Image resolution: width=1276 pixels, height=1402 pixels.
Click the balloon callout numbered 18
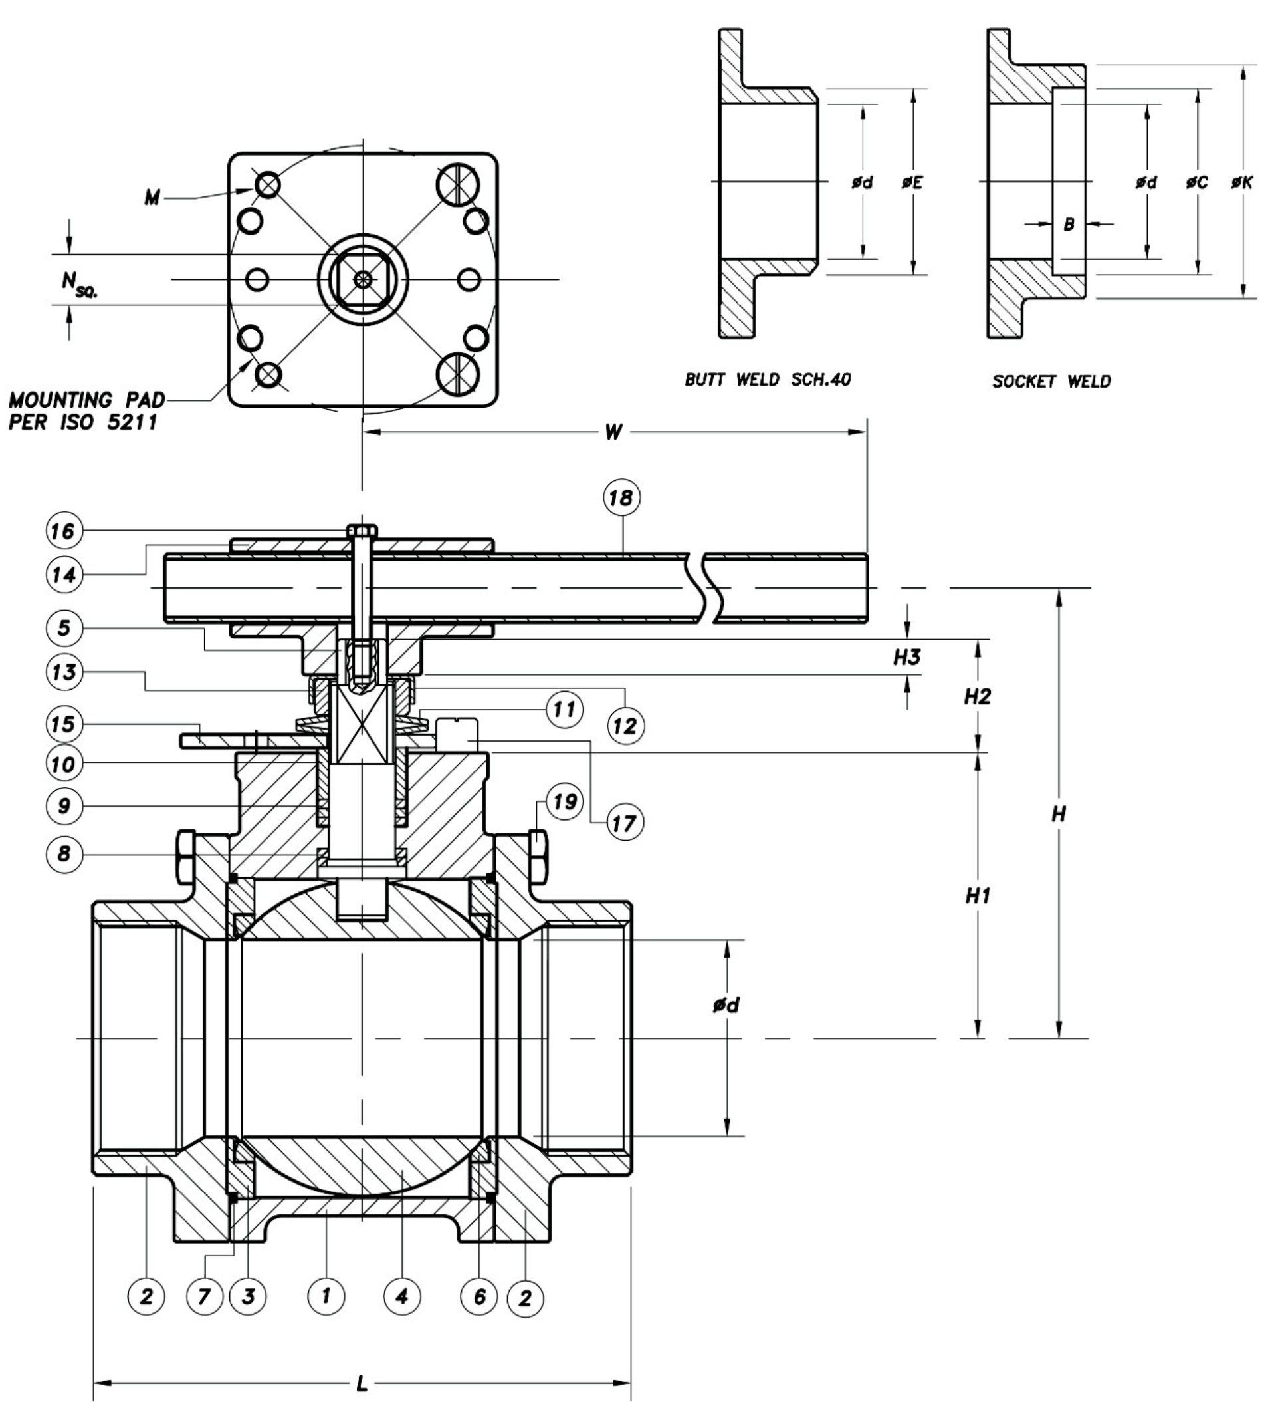click(x=621, y=498)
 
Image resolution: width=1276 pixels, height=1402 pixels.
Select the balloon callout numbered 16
click(x=64, y=531)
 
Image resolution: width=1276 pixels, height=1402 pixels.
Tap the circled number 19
click(x=564, y=802)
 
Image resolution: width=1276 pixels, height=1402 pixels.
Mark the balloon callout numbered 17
click(x=623, y=823)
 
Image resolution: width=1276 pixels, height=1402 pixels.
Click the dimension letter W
click(x=613, y=432)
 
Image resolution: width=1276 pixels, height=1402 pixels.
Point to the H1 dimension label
click(x=978, y=897)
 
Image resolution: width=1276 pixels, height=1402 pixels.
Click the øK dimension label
click(x=1241, y=182)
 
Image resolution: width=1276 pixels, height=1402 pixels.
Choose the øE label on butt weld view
click(x=912, y=182)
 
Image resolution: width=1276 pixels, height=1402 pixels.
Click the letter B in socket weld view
click(x=1069, y=224)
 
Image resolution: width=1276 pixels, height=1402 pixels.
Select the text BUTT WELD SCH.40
click(x=768, y=380)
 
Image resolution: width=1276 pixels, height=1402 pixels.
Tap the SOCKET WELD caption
click(x=1051, y=381)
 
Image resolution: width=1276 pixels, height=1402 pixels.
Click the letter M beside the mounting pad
click(x=152, y=198)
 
